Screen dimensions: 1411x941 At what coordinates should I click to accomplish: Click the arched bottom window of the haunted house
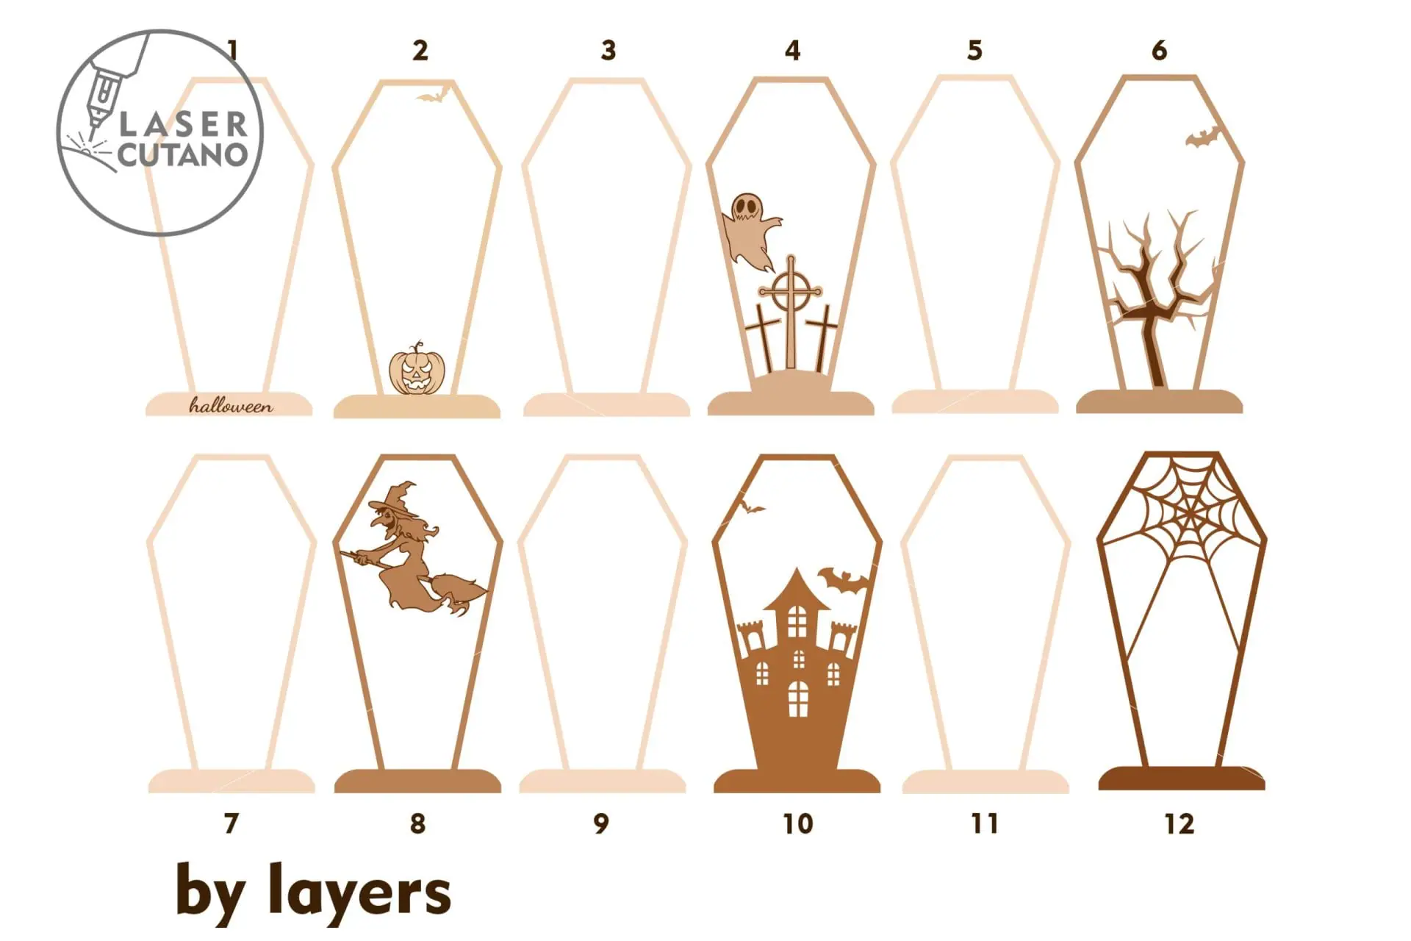click(x=798, y=698)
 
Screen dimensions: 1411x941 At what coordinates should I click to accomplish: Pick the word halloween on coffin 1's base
click(x=231, y=405)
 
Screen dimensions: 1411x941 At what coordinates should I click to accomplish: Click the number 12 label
click(x=1180, y=824)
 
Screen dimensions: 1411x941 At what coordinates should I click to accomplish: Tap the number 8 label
click(x=417, y=824)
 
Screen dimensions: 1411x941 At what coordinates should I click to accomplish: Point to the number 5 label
click(x=974, y=51)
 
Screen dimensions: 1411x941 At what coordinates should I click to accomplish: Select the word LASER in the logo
click(x=183, y=124)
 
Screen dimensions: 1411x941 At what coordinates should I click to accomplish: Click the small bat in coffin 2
click(x=432, y=96)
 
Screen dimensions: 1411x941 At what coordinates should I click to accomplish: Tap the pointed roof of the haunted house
click(x=796, y=589)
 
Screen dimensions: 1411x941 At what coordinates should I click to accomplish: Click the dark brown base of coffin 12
click(x=1181, y=778)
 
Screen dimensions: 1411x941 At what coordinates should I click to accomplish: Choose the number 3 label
click(x=608, y=51)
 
